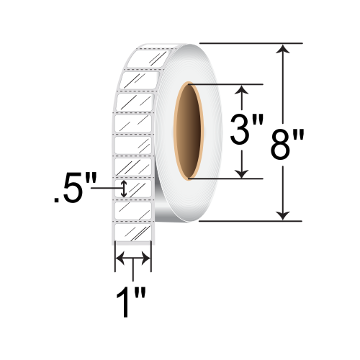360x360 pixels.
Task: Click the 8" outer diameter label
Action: [x=287, y=145]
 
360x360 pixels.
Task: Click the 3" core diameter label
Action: [x=247, y=130]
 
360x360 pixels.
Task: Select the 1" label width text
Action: [x=131, y=303]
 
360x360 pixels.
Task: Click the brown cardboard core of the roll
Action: [x=189, y=131]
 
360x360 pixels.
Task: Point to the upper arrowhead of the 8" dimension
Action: [x=283, y=49]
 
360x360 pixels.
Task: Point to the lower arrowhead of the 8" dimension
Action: [x=283, y=215]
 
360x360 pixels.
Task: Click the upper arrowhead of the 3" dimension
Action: [x=242, y=90]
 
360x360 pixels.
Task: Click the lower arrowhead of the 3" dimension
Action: [x=242, y=174]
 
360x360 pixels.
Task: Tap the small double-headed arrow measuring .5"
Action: [x=124, y=189]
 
